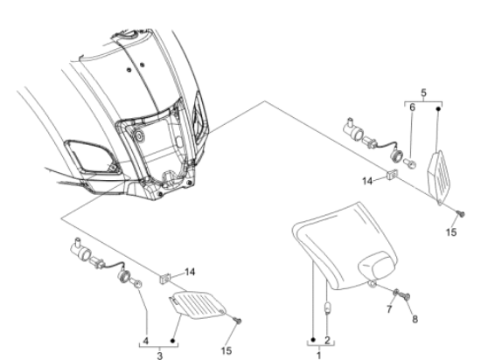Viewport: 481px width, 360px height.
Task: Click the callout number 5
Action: tap(423, 93)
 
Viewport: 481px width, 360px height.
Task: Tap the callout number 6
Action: tap(412, 107)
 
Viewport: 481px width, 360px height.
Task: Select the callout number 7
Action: tap(389, 309)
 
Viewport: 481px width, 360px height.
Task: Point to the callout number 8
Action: tap(415, 319)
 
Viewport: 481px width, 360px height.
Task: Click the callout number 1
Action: tap(319, 356)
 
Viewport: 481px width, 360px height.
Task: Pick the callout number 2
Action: tap(327, 340)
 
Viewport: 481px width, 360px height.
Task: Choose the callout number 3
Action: tap(159, 356)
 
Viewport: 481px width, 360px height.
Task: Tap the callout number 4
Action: tap(146, 341)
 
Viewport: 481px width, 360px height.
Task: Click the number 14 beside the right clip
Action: tap(367, 182)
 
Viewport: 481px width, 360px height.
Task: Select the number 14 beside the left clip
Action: tap(190, 272)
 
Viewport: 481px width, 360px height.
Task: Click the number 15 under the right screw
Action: tap(451, 232)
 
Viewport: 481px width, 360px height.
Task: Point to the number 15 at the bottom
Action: tap(227, 350)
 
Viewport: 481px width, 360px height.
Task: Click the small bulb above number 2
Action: tap(328, 308)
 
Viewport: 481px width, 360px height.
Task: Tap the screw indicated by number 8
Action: tap(405, 296)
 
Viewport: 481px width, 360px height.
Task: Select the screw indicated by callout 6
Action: tap(410, 163)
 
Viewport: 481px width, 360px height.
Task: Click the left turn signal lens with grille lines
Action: tap(198, 305)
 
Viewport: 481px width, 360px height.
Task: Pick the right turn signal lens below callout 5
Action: tap(439, 177)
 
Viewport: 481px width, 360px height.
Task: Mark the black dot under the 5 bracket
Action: tap(438, 108)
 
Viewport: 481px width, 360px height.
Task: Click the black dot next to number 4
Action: tap(172, 341)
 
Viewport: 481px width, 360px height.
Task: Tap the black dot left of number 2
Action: tap(313, 340)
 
